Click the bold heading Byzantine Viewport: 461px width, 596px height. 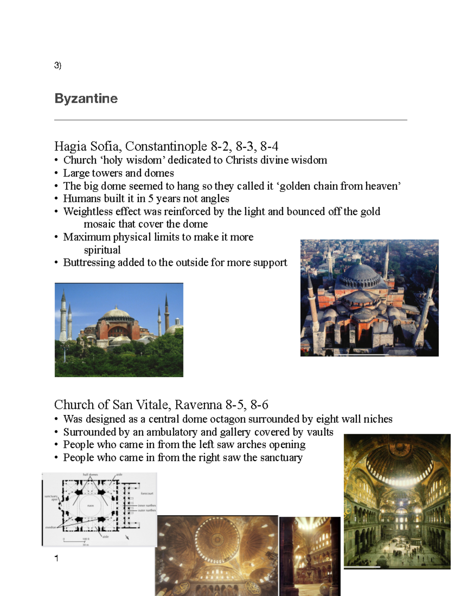86,99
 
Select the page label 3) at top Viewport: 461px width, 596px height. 58,65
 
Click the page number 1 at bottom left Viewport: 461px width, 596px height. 57,558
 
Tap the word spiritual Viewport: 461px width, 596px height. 102,250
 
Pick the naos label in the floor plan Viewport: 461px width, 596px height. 90,506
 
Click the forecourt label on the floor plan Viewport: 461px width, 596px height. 147,494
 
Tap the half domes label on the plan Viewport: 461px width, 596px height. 90,475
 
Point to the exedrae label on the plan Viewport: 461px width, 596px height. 51,527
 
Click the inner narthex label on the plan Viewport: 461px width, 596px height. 147,505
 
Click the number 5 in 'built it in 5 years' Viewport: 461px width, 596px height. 151,199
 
